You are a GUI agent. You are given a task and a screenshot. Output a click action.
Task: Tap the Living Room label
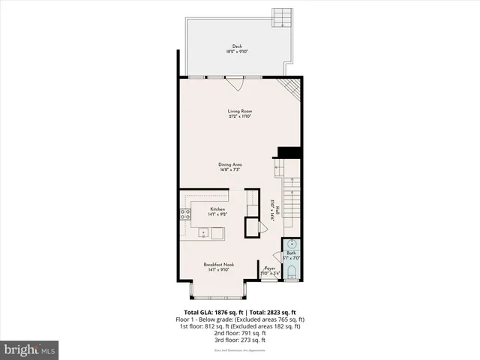239,112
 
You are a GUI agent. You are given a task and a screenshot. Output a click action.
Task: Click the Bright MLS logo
29,349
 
